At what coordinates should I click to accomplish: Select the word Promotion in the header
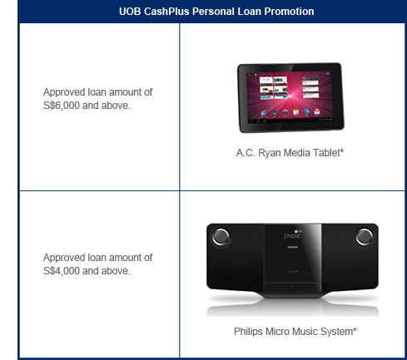click(289, 12)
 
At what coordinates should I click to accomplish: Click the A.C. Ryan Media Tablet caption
click(290, 153)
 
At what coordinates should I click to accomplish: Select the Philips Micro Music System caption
click(295, 332)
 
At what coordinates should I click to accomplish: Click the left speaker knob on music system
click(221, 237)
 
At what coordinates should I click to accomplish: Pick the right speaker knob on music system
click(365, 237)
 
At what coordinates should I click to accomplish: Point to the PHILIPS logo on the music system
click(292, 247)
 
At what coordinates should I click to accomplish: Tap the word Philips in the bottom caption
click(248, 332)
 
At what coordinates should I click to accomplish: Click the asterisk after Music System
click(355, 329)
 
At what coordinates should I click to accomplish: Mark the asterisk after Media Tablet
click(342, 150)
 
